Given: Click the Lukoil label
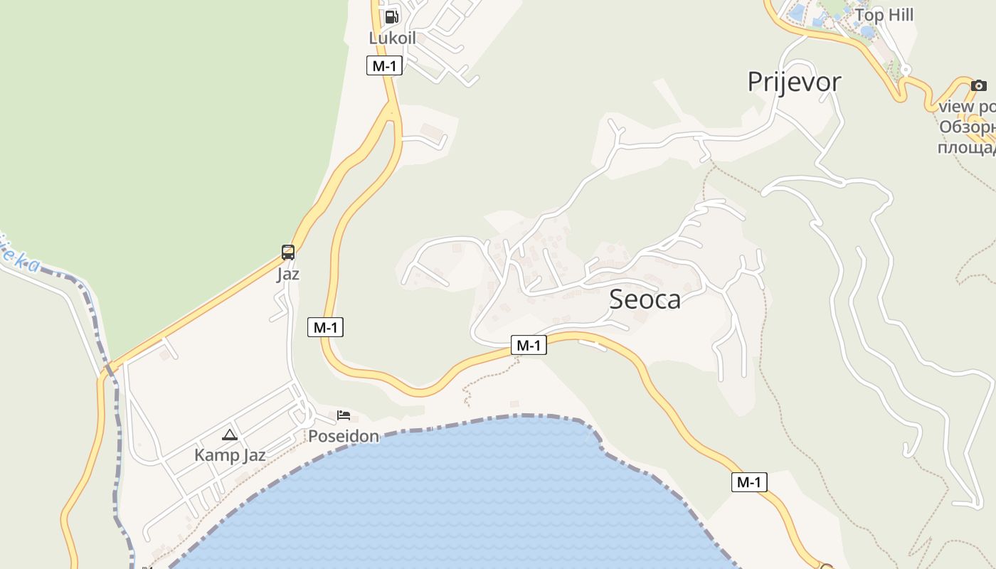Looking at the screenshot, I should pos(392,38).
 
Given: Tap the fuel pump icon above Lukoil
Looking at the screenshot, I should pos(391,17).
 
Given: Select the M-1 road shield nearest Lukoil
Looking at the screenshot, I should pos(384,66).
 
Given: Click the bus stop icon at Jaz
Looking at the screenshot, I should pos(288,252).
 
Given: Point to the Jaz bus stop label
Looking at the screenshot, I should pos(288,274).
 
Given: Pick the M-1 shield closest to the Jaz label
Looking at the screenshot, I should pos(325,327).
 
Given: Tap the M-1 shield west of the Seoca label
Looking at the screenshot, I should pos(529,346).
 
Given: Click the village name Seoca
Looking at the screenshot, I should pos(645,299).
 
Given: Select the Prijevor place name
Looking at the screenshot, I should pos(794,82).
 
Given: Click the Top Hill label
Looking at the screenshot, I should pos(884,15).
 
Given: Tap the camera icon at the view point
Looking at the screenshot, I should pos(979,86).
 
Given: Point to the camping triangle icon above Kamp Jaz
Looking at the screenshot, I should pos(229,435).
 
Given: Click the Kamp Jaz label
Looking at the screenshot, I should pos(230,455).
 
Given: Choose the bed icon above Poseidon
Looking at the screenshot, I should pos(344,415).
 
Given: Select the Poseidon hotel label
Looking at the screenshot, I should pos(344,436).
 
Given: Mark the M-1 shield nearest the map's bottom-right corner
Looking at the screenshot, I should pos(748,482).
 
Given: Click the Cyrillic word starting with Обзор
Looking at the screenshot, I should pos(967,128).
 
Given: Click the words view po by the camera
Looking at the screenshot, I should pos(967,107).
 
